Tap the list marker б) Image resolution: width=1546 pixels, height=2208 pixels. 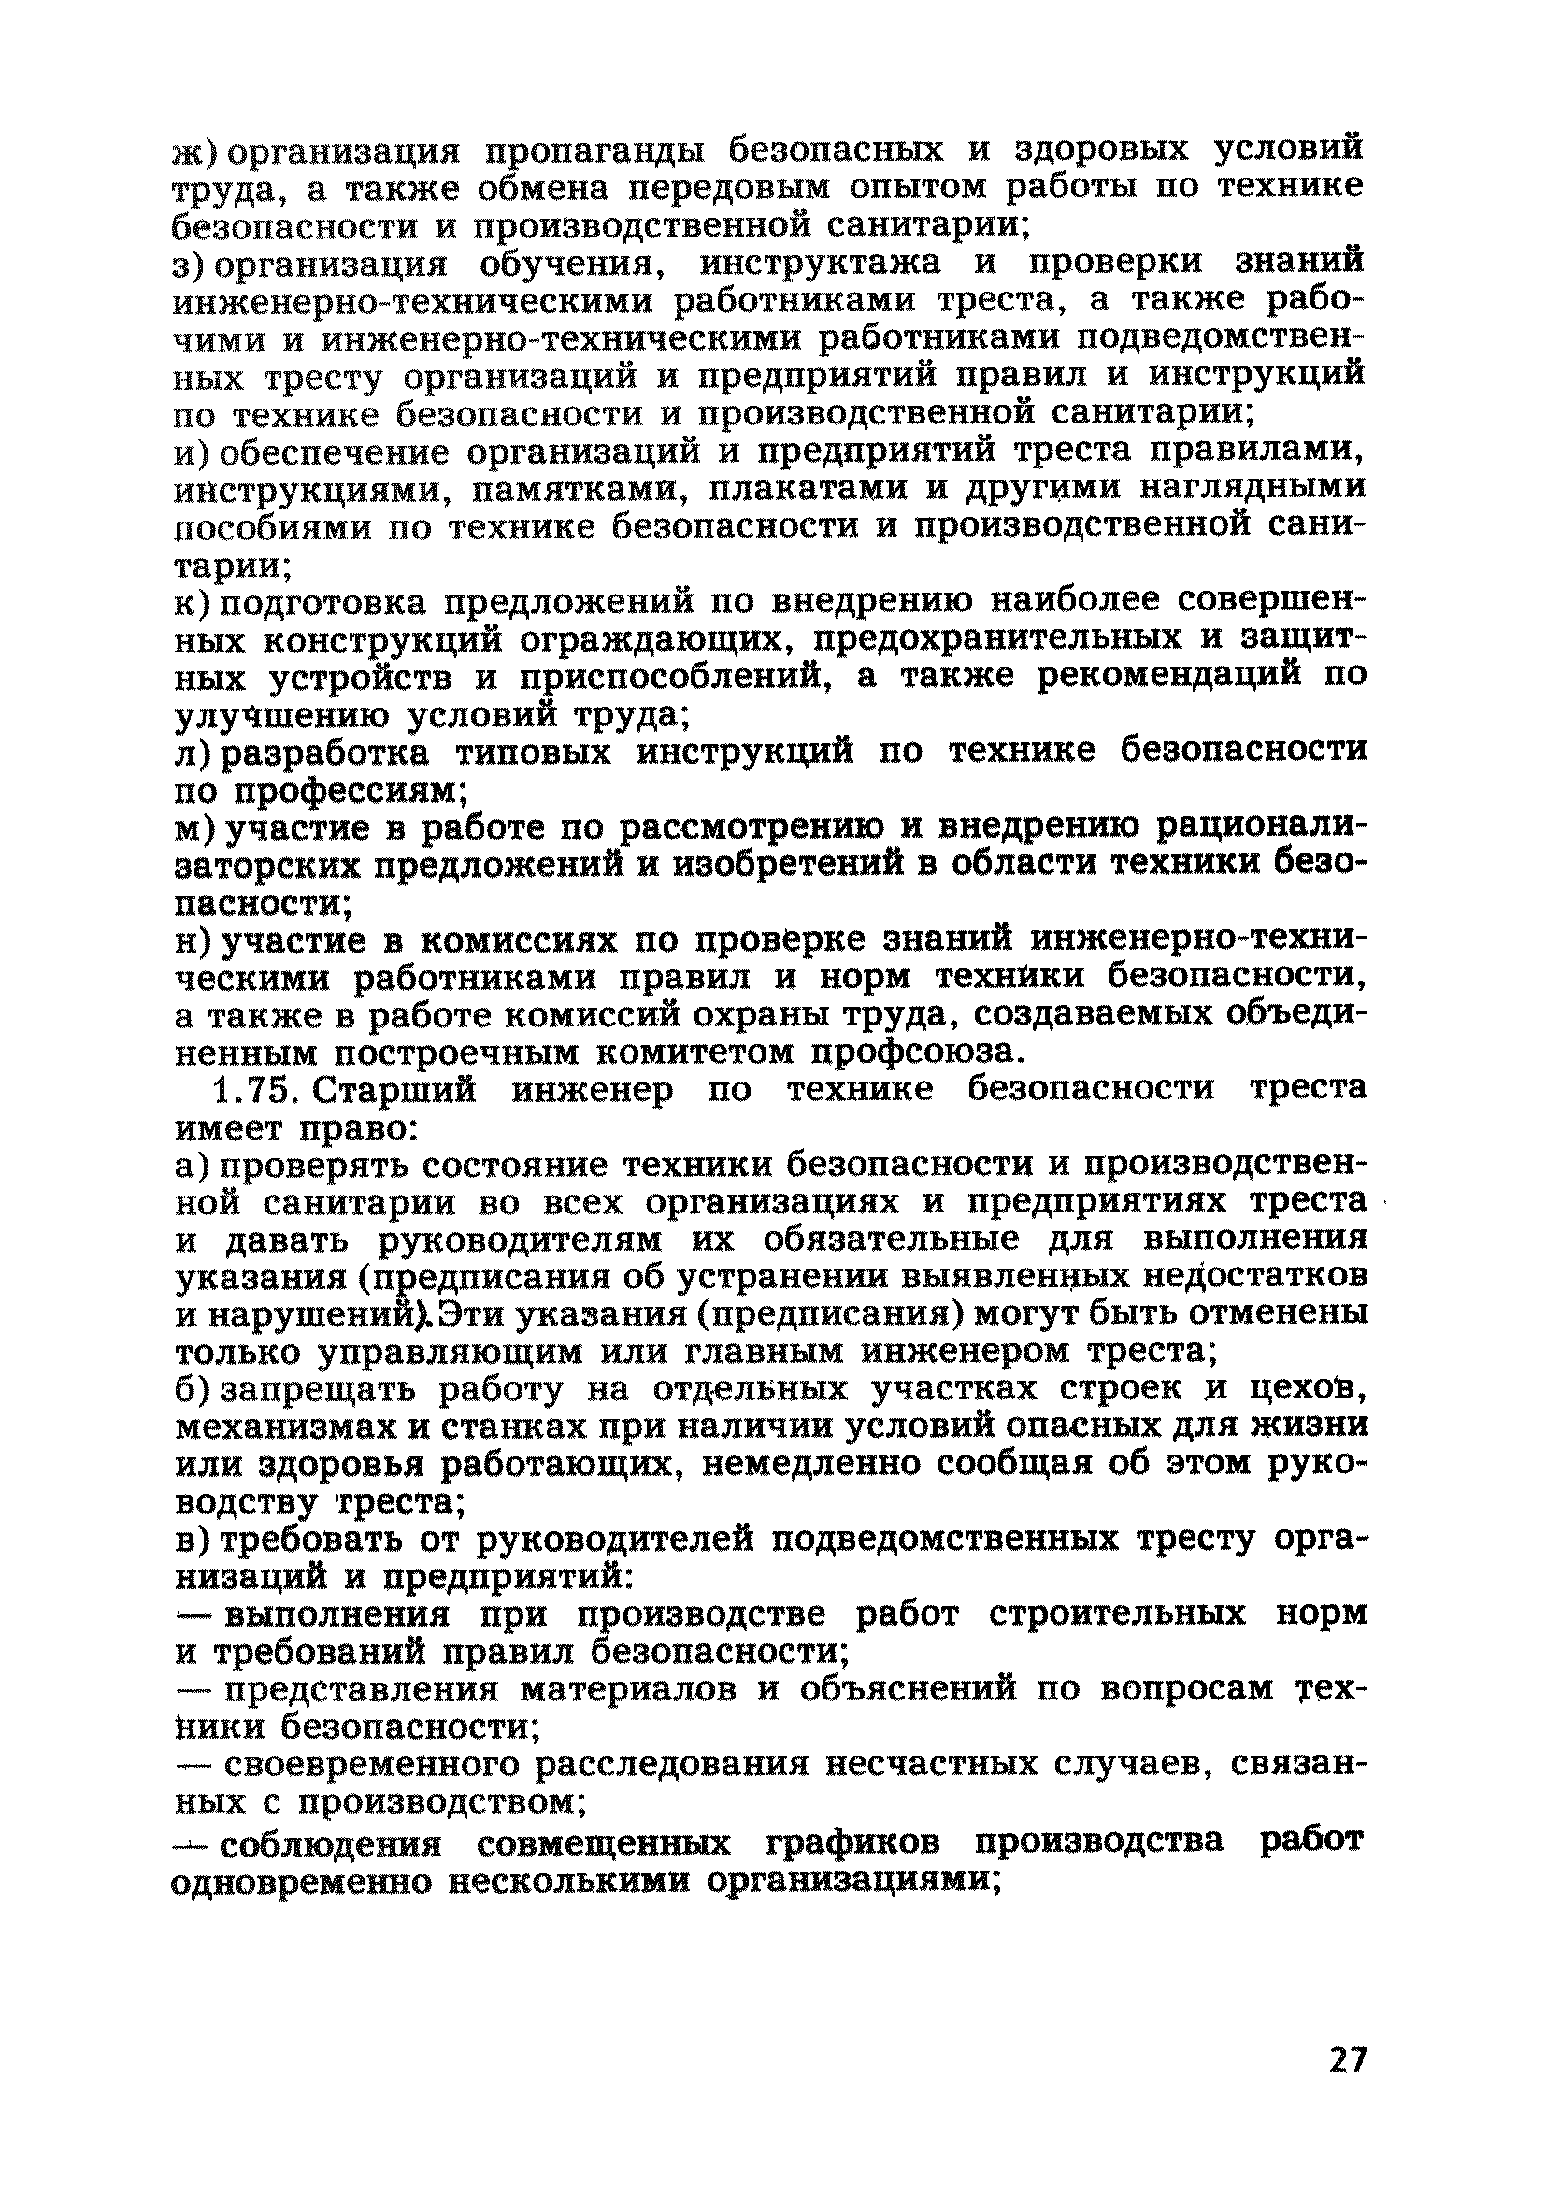(x=196, y=1391)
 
